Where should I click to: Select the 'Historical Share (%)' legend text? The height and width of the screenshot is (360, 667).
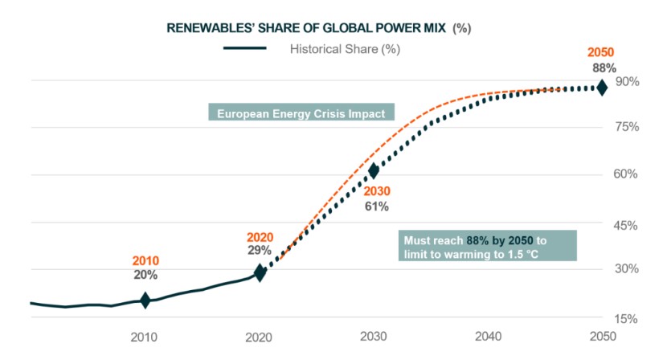click(x=345, y=48)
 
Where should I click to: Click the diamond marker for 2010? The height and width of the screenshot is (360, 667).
click(x=145, y=301)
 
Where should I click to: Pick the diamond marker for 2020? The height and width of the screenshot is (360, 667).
click(x=260, y=272)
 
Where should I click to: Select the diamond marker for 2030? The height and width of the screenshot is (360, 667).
click(x=374, y=170)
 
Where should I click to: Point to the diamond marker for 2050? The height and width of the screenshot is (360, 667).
click(x=601, y=88)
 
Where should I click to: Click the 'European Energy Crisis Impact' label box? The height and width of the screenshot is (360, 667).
click(x=301, y=112)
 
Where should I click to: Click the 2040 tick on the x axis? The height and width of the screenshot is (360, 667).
click(x=488, y=336)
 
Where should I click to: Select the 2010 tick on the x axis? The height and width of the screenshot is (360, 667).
click(x=145, y=336)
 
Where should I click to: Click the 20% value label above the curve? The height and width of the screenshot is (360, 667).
click(x=145, y=275)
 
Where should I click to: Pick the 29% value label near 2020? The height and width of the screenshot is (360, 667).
click(x=260, y=251)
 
